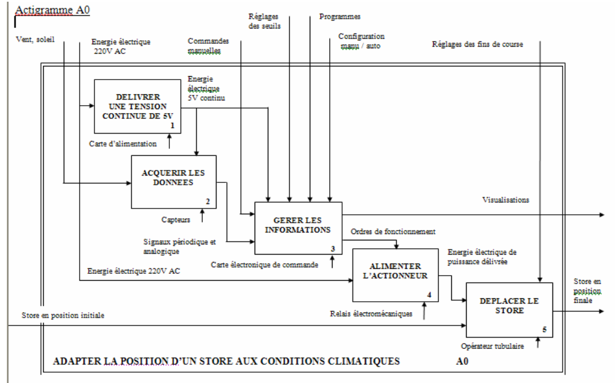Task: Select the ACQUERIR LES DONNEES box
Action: coord(174,181)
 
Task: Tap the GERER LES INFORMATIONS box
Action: coord(298,227)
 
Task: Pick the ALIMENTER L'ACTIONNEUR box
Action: coord(396,274)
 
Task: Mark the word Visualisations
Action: coord(505,200)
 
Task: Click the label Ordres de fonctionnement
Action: coord(392,232)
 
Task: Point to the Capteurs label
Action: coord(176,218)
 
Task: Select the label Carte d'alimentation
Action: coord(123,144)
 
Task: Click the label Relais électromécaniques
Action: coord(371,313)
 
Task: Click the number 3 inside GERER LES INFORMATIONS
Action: coord(334,248)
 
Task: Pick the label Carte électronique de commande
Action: coord(264,264)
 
